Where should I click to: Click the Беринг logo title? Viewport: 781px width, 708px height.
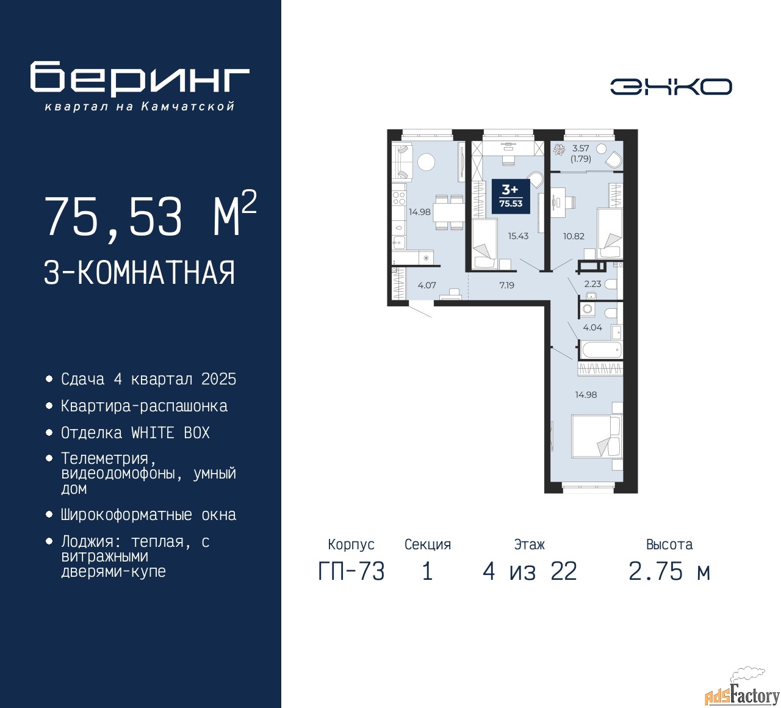[x=139, y=78]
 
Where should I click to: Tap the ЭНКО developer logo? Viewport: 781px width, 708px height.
[x=671, y=87]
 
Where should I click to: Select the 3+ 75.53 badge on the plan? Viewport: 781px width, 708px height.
[x=511, y=197]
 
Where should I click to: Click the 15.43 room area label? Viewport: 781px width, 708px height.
[x=518, y=236]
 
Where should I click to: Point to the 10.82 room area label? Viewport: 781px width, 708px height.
[x=574, y=236]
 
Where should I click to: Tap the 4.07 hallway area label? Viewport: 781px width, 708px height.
[x=426, y=285]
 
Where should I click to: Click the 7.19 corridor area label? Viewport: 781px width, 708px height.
[x=506, y=285]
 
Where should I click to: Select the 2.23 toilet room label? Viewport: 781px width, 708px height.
[x=592, y=284]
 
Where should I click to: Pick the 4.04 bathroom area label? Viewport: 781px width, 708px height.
[x=592, y=328]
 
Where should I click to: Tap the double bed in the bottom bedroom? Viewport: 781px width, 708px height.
[x=597, y=436]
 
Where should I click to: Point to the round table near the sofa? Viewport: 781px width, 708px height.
[x=426, y=162]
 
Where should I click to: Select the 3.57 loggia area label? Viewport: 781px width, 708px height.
[x=580, y=148]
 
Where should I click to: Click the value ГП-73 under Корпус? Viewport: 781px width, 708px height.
[x=351, y=571]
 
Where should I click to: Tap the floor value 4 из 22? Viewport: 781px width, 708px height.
[x=530, y=571]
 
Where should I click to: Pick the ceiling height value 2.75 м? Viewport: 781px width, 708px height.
[x=669, y=571]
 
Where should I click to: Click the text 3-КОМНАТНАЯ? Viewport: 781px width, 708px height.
[x=139, y=272]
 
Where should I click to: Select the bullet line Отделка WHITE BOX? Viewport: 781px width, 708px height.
[x=135, y=433]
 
